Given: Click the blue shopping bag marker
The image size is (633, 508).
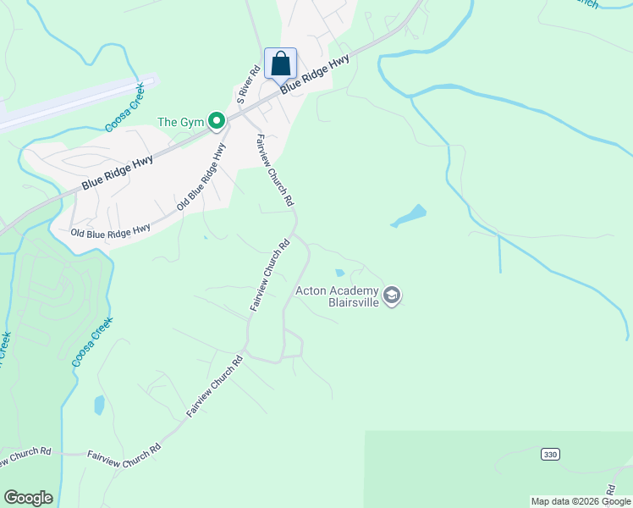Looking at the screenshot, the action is [x=280, y=63].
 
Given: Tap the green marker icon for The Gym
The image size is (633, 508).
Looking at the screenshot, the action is [x=217, y=123].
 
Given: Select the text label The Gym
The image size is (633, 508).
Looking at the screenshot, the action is [x=181, y=123].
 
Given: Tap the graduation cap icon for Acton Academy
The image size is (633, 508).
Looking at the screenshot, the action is [x=392, y=295].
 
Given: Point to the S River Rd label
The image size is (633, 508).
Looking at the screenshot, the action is [x=246, y=86].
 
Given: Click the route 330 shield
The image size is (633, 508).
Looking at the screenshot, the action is [x=550, y=455].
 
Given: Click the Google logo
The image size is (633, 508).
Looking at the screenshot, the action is [x=28, y=498].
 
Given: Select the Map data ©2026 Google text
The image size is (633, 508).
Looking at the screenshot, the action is [x=580, y=501].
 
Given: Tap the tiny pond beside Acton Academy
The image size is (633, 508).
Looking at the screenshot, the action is [x=339, y=273].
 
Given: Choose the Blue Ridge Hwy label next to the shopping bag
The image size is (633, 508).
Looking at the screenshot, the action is [x=315, y=75].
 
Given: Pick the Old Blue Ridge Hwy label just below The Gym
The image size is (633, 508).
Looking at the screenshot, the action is [x=202, y=177].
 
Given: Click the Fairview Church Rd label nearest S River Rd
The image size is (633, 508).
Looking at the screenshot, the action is [x=276, y=171].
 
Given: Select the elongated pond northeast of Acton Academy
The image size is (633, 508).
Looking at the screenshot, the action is [x=409, y=216].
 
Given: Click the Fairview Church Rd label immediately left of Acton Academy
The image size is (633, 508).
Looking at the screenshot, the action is [x=270, y=276].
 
